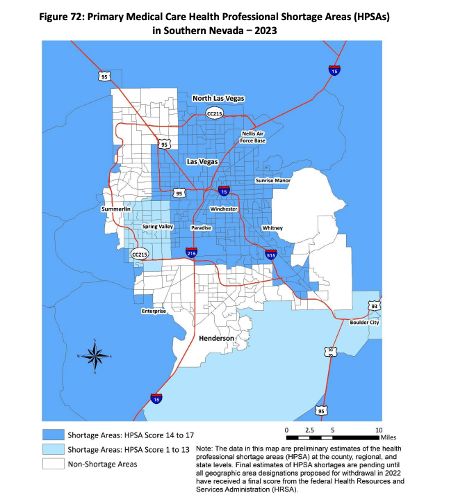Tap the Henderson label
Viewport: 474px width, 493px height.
(x=217, y=338)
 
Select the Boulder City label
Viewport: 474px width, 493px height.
(x=365, y=323)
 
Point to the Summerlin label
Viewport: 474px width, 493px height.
(x=115, y=209)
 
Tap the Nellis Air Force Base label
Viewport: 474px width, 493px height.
(x=253, y=136)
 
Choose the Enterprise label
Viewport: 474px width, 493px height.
(x=154, y=312)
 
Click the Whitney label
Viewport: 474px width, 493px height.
(x=272, y=228)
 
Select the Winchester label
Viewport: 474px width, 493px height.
(x=224, y=209)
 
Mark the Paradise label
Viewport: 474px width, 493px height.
(x=202, y=227)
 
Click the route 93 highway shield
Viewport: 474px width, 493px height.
(x=375, y=306)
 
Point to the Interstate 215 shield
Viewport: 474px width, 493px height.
(x=191, y=252)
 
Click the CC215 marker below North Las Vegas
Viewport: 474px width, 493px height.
(x=215, y=113)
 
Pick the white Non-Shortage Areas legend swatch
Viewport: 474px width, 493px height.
(x=52, y=464)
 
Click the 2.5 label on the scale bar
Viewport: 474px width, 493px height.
(x=309, y=430)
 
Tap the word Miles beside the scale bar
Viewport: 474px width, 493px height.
(x=389, y=438)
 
